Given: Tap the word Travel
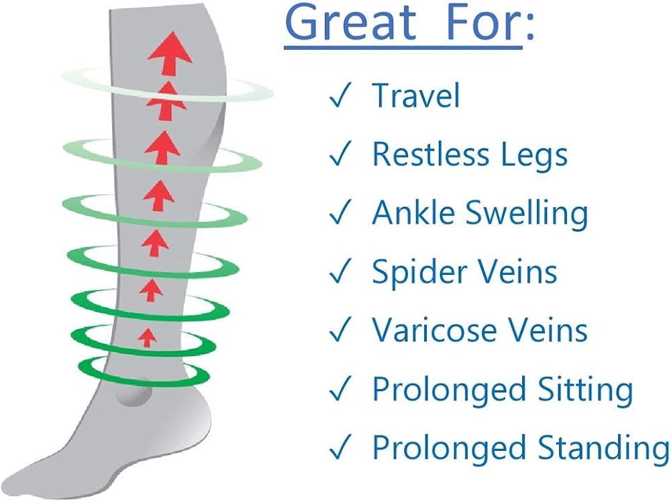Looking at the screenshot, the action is click(x=416, y=95).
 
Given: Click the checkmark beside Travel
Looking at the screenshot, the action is click(x=340, y=97).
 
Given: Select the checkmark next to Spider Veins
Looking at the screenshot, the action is click(x=340, y=274).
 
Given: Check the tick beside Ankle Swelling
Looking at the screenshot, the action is click(x=340, y=215).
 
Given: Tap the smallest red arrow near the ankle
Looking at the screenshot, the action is click(x=147, y=336).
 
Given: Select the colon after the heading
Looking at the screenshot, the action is click(x=529, y=27).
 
